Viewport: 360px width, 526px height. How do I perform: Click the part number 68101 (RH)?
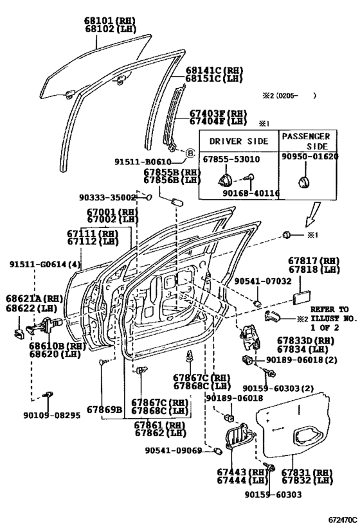110,21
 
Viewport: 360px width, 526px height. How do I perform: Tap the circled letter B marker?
190,153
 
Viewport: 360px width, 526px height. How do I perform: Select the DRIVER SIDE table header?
239,141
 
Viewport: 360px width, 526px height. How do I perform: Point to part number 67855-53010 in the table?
231,159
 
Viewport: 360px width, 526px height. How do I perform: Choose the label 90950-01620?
310,156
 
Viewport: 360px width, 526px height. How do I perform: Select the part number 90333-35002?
107,198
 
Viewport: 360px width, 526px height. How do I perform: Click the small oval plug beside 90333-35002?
148,198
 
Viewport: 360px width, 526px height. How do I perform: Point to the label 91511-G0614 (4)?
45,265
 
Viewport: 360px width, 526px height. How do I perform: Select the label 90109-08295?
52,416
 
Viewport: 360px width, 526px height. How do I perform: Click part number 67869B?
104,409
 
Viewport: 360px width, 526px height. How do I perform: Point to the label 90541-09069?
174,450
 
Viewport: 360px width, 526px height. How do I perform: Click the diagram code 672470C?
342,520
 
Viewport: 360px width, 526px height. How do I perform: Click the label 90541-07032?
263,281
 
